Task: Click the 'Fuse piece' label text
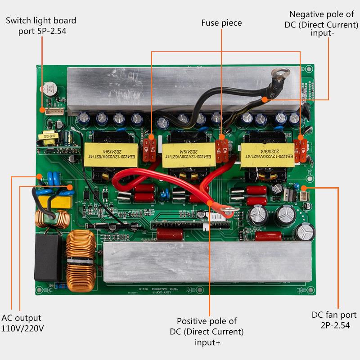[x=221, y=22]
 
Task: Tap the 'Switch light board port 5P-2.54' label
[x=40, y=26]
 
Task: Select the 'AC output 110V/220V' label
[x=22, y=323]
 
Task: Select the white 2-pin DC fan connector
[x=304, y=196]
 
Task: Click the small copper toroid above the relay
[x=59, y=220]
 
